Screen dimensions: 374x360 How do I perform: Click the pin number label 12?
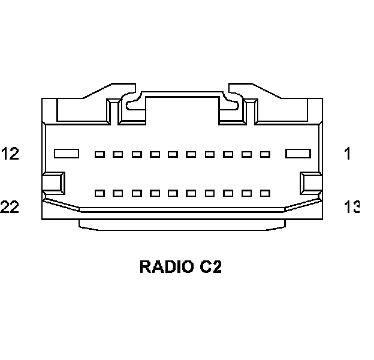10,154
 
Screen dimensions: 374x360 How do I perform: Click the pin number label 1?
347,154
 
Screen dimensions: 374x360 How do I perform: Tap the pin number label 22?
10,207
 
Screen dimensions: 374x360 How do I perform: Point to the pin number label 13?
351,207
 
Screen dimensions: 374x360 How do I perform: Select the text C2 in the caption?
211,266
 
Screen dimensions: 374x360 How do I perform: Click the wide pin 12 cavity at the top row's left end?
67,154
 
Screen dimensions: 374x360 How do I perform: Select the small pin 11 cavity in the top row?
100,154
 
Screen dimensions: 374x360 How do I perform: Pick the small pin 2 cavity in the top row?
265,154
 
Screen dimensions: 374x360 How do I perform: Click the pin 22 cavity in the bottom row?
100,193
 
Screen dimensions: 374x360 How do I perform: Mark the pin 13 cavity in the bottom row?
265,193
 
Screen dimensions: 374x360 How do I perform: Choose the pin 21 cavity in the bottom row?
118,193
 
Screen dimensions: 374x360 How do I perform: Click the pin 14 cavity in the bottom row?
246,193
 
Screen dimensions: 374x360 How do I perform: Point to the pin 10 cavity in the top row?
118,154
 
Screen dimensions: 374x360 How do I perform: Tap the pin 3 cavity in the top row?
246,154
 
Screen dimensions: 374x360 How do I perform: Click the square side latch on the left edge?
53,182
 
